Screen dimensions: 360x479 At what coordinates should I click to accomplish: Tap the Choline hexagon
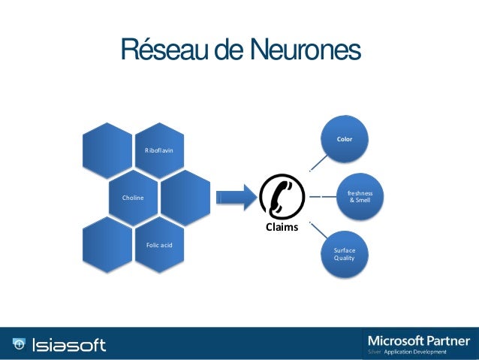pos(134,197)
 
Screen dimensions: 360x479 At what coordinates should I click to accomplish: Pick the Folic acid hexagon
pos(159,247)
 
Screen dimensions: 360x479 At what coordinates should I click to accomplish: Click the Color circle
pos(345,138)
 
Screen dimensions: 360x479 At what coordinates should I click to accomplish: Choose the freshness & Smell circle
pos(359,197)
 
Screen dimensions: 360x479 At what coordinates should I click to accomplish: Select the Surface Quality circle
pos(345,254)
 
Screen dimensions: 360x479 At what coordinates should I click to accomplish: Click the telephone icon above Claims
pos(281,198)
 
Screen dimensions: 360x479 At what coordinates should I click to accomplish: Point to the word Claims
pos(281,227)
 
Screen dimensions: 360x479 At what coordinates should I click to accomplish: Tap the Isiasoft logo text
pos(70,345)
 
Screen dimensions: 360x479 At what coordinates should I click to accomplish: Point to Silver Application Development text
pos(407,352)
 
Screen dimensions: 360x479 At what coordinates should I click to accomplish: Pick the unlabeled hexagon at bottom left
pos(107,247)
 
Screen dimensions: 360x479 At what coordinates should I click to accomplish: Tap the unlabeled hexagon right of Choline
pos(185,197)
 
